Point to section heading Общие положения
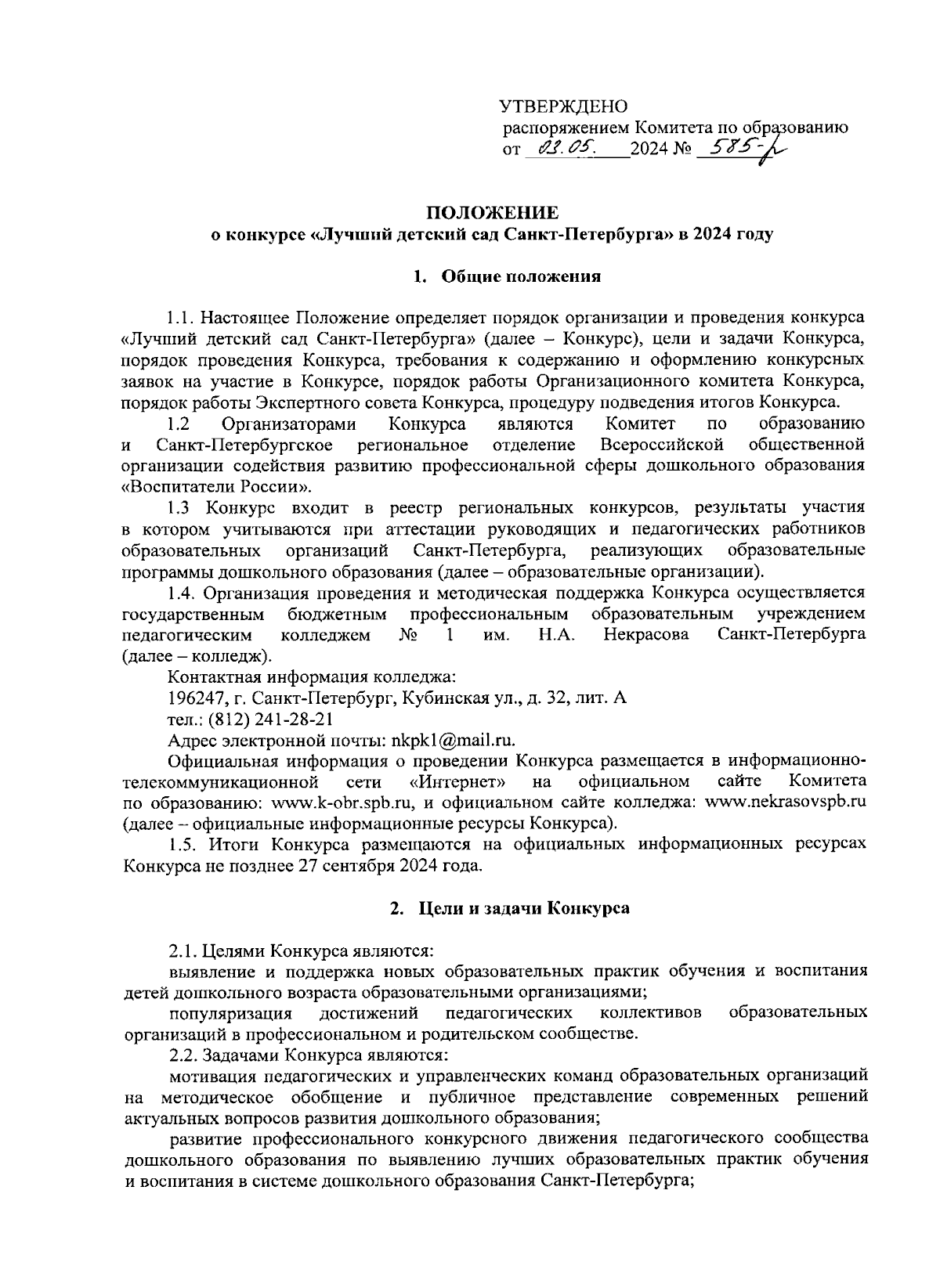click(521, 276)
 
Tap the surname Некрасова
click(646, 634)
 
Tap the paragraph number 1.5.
click(182, 845)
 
